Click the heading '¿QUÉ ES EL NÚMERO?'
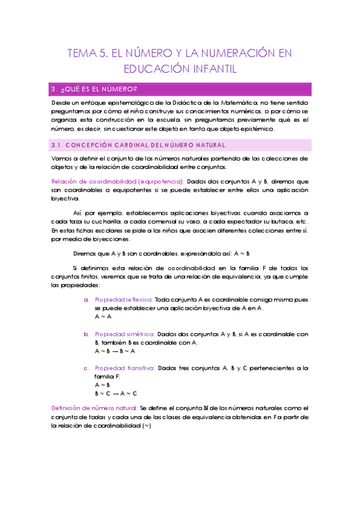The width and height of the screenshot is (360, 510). (x=93, y=90)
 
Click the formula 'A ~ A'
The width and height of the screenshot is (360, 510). (x=103, y=316)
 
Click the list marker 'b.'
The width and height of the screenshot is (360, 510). (x=87, y=334)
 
